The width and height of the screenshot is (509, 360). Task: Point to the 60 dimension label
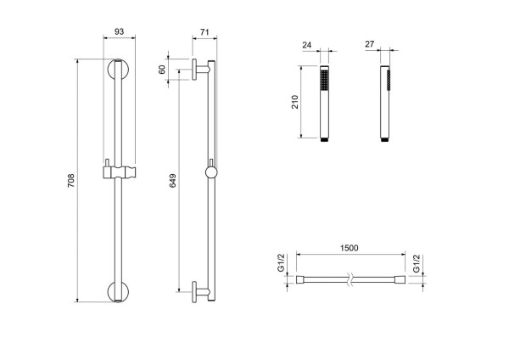point(162,70)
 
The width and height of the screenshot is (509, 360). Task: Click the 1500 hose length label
point(349,249)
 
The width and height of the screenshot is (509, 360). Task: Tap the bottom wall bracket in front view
point(119,290)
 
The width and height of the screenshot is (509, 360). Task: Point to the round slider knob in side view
point(210,172)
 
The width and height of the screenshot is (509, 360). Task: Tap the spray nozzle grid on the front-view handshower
point(322,81)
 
